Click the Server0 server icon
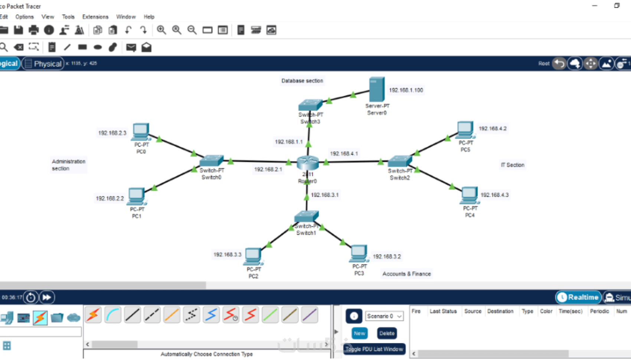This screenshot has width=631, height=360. tap(377, 89)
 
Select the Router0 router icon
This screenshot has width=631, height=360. tap(307, 163)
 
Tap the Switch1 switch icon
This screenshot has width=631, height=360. tap(306, 216)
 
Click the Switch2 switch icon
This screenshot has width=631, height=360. tap(399, 161)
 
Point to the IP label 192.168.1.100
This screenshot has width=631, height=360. tap(406, 90)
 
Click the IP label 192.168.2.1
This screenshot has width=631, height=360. tap(268, 169)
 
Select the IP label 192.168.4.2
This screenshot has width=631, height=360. tap(493, 128)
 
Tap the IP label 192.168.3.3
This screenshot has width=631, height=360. tap(227, 255)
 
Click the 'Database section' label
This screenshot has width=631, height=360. tap(302, 81)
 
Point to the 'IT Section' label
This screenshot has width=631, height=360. tap(513, 165)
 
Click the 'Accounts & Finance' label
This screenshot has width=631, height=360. tap(406, 274)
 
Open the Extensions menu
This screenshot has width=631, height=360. tap(95, 17)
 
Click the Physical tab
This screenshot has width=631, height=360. tap(43, 63)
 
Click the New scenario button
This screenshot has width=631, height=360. tap(359, 333)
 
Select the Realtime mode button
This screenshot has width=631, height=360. tap(578, 297)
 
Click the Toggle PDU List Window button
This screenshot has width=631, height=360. tap(374, 349)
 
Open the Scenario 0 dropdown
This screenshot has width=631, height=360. tap(384, 316)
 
